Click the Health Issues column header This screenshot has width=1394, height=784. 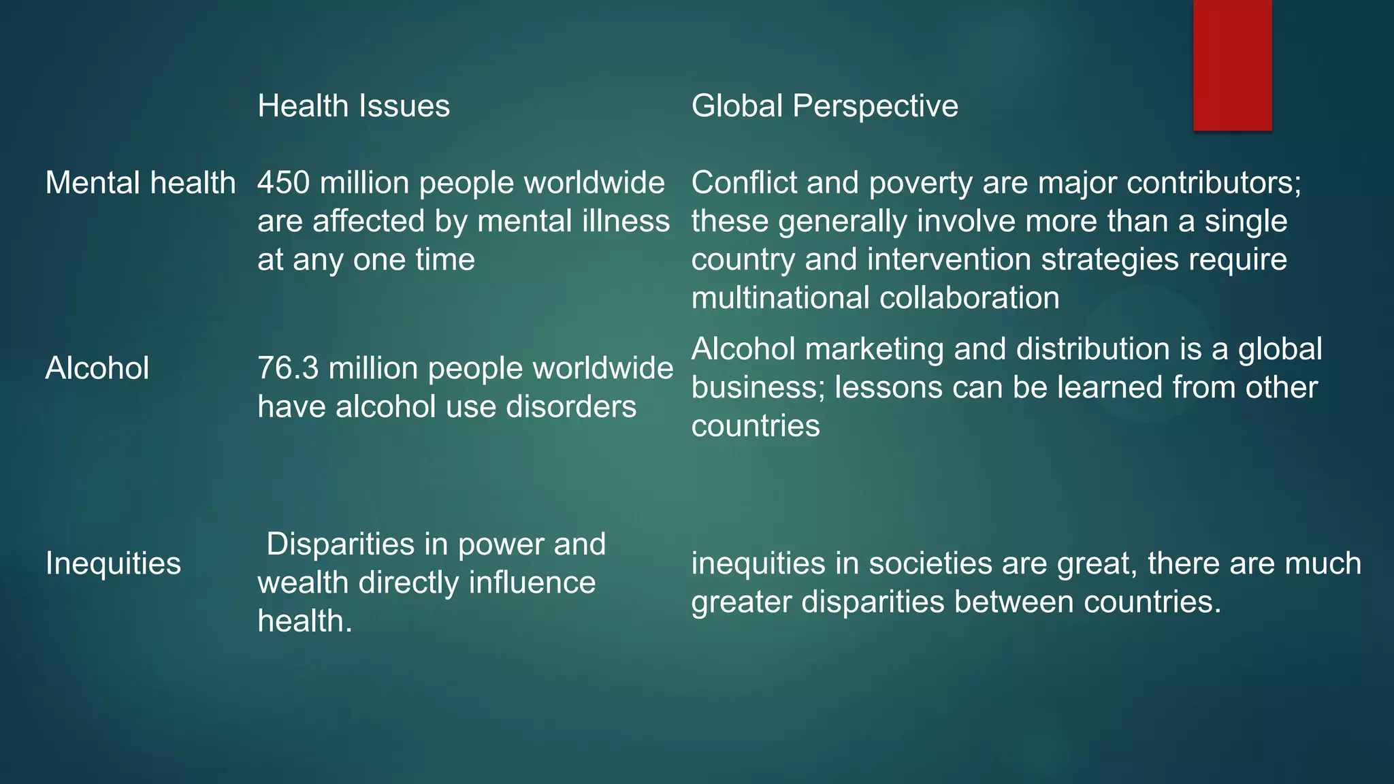(x=353, y=106)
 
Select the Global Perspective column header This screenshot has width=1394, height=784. (x=824, y=106)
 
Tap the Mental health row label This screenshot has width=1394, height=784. (x=140, y=183)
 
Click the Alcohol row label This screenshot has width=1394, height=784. (x=97, y=368)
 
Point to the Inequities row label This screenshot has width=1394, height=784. (x=113, y=563)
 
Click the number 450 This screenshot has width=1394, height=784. (x=284, y=183)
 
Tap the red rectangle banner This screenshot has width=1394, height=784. (x=1232, y=65)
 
